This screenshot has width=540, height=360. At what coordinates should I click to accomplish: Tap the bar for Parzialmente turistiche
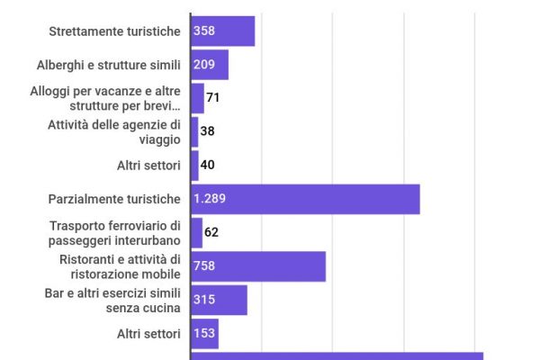click(306, 199)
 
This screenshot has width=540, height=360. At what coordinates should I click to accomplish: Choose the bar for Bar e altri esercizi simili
click(220, 300)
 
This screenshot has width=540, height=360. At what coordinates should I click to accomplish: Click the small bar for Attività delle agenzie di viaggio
click(194, 131)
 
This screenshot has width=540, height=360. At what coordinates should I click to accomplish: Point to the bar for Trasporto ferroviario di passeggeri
click(196, 232)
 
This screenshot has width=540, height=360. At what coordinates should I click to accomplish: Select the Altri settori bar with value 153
click(205, 334)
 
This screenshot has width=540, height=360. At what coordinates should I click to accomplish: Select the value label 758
click(204, 266)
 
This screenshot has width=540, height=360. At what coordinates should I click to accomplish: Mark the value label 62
click(211, 232)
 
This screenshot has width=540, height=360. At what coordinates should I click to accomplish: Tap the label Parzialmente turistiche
click(114, 199)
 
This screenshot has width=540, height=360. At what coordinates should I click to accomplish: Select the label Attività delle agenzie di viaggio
click(114, 131)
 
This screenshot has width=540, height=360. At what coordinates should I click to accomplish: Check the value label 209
click(204, 65)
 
